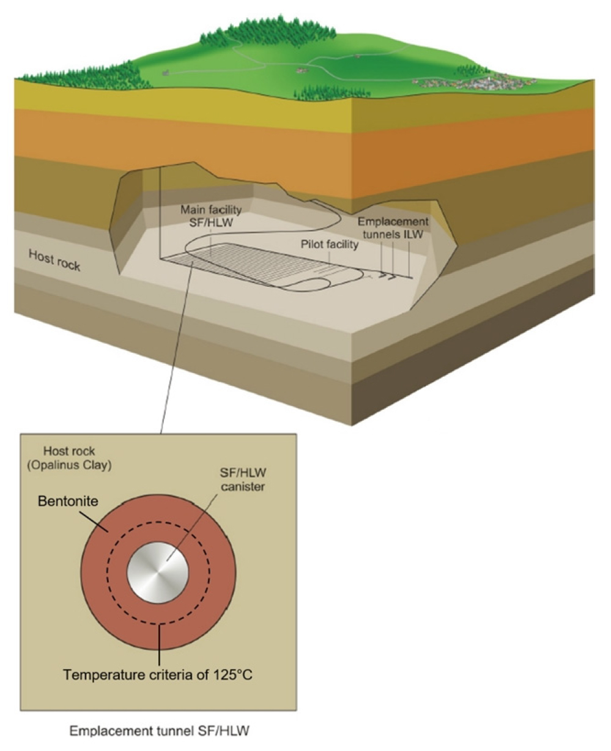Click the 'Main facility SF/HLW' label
[211, 216]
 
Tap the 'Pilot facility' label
[329, 245]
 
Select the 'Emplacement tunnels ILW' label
[393, 228]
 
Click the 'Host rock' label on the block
[54, 261]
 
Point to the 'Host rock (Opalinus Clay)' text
[70, 458]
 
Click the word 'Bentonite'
[68, 501]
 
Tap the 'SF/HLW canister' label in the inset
[243, 479]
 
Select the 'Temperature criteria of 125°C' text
[158, 675]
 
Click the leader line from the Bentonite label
[94, 521]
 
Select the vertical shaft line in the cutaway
[160, 213]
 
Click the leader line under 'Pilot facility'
[330, 259]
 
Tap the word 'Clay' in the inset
[95, 465]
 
